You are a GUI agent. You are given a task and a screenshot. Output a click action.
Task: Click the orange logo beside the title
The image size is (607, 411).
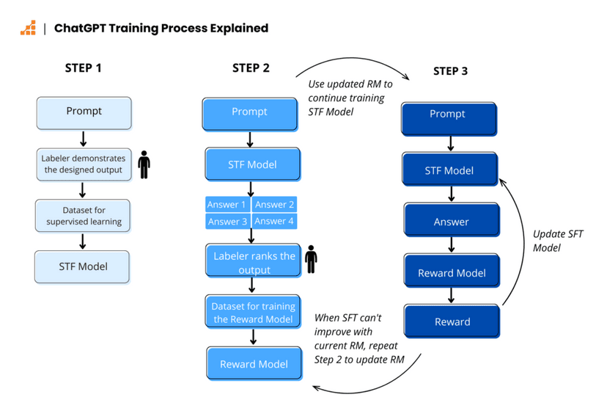(28, 29)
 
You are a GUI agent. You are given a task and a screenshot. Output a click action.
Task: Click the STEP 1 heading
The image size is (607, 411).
(84, 68)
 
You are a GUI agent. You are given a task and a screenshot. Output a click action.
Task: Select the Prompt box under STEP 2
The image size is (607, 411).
(250, 112)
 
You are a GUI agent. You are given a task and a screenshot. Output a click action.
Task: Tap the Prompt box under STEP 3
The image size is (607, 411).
(448, 115)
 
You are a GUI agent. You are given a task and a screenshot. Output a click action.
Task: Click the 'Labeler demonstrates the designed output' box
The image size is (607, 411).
(84, 164)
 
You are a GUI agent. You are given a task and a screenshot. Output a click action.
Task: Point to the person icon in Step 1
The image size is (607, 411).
(144, 164)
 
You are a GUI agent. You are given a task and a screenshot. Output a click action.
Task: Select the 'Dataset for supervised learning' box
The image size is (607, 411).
(84, 216)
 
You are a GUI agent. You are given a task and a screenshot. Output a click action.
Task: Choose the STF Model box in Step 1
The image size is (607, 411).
(83, 266)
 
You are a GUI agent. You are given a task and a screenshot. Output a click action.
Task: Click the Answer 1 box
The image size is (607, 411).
(227, 205)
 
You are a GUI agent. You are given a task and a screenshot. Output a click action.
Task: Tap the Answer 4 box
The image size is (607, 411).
(275, 221)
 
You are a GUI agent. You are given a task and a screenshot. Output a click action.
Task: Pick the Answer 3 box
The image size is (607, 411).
(227, 221)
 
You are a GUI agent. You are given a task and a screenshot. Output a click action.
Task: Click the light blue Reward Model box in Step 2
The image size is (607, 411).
(253, 364)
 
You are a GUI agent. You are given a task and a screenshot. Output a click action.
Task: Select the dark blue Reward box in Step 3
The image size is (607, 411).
(452, 322)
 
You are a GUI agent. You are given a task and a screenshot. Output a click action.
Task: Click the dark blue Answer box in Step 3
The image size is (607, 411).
(452, 222)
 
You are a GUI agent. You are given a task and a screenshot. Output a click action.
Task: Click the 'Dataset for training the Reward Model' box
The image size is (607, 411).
(253, 313)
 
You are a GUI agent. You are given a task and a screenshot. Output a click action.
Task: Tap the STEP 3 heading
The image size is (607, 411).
(450, 71)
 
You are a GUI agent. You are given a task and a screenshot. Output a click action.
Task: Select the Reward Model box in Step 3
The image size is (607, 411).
(452, 273)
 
